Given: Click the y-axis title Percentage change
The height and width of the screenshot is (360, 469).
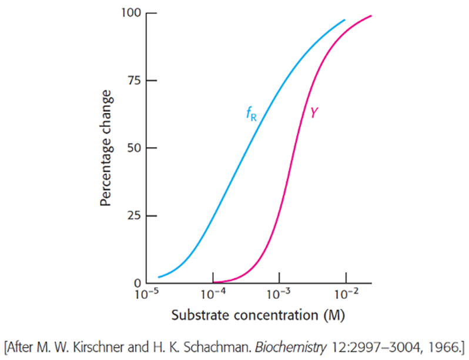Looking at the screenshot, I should click(106, 148).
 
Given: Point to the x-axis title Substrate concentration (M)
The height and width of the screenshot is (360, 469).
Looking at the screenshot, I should click(258, 315).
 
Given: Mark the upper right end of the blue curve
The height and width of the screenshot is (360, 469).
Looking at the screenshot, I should click(345, 20).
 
